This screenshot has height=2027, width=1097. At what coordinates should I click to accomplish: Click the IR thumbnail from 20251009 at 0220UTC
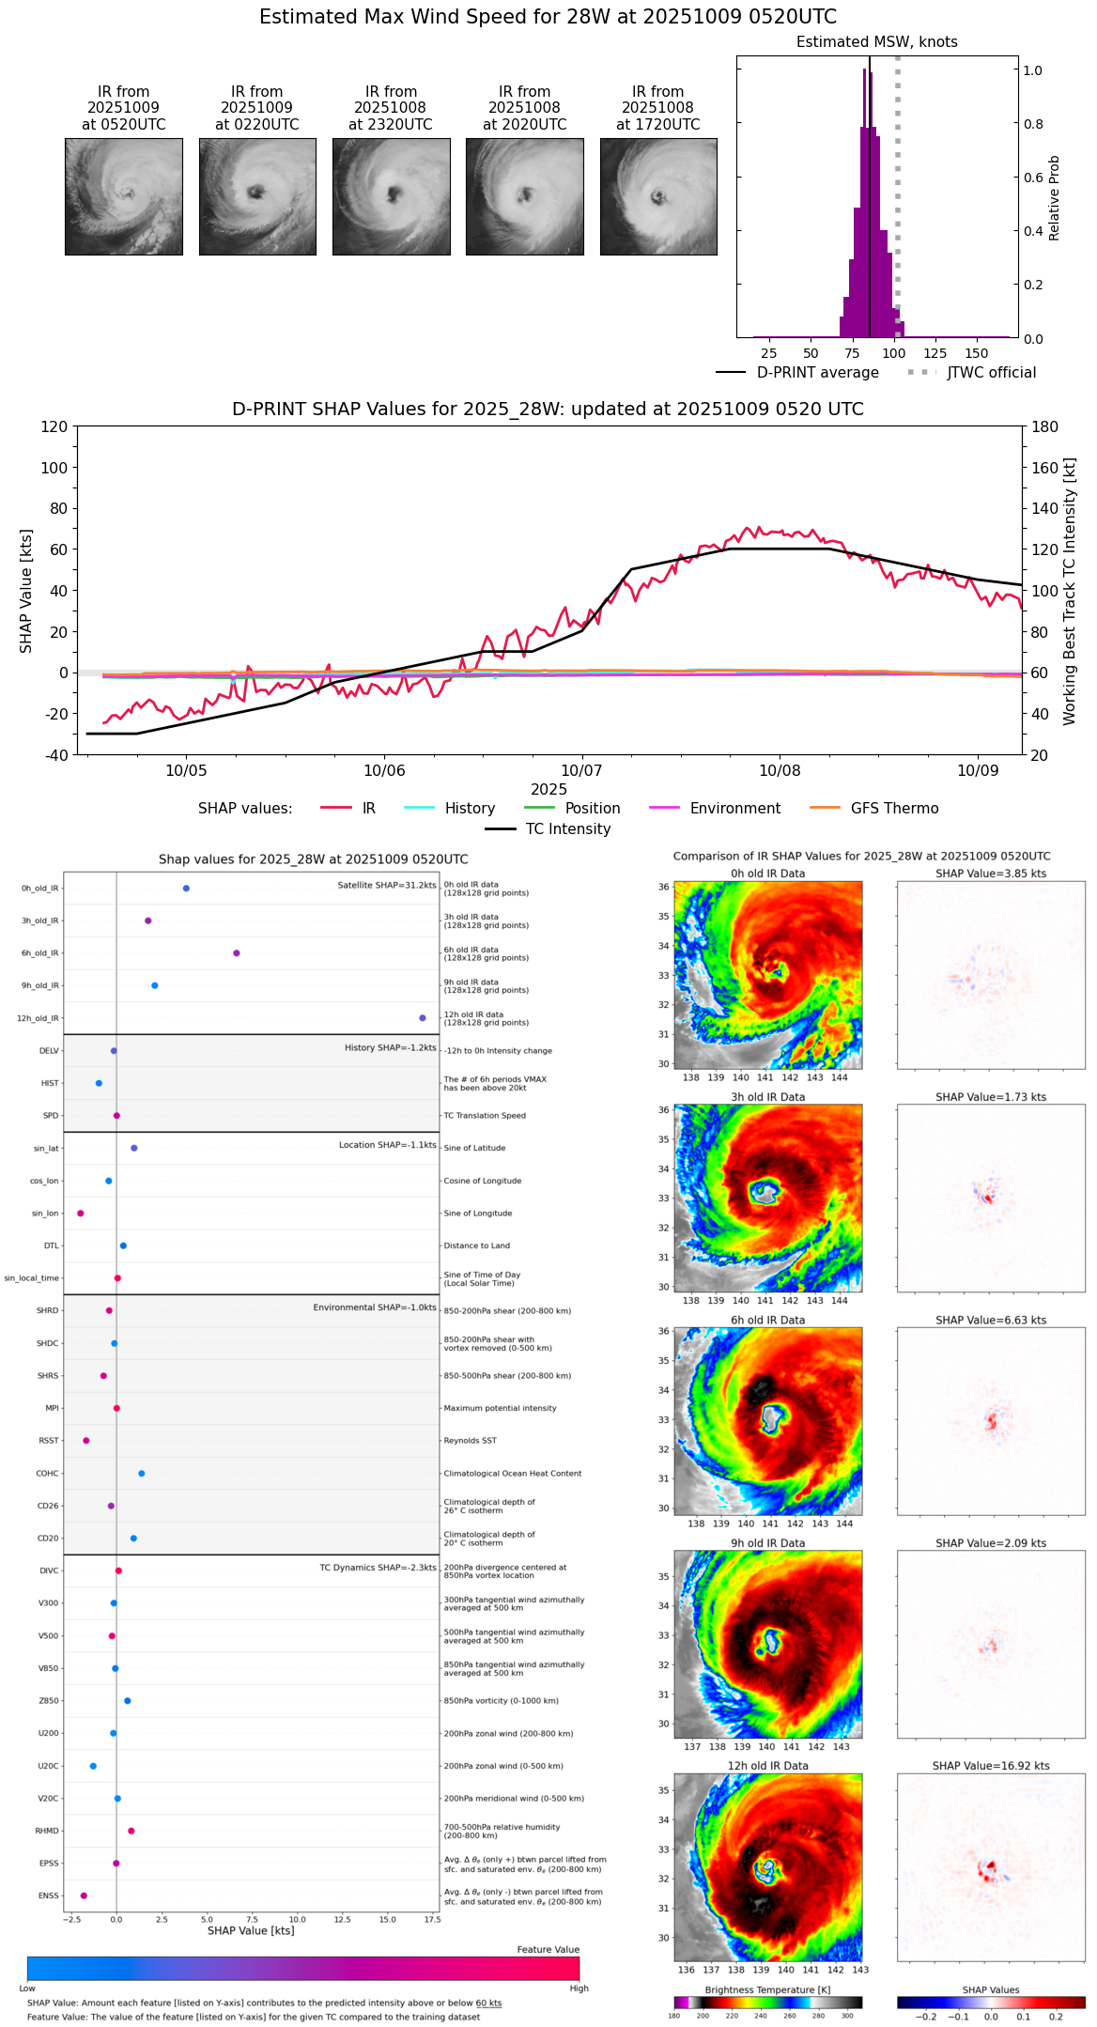tap(257, 196)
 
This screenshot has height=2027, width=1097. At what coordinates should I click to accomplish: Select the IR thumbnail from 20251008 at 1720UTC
tap(658, 196)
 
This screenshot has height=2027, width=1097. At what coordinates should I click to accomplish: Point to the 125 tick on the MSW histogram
tap(935, 353)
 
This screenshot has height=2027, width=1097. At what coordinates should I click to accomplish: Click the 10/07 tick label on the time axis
tap(581, 771)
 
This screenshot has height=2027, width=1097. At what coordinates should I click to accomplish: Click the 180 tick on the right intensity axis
tap(1045, 427)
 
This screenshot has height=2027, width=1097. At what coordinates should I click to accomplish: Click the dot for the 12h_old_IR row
tap(423, 1018)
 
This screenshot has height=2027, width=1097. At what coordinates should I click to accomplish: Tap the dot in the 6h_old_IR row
tap(237, 953)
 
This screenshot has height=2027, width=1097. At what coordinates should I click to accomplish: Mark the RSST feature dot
tap(86, 1441)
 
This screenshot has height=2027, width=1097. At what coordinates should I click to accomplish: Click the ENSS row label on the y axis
tap(48, 1895)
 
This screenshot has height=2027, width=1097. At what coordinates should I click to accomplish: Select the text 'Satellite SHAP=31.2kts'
tap(387, 886)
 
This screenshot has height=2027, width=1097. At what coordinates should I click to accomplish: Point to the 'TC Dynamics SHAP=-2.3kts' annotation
tap(378, 1568)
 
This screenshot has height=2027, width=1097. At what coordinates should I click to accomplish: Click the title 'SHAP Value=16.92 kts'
tap(990, 1766)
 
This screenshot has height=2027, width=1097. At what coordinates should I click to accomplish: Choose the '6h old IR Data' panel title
tap(767, 1320)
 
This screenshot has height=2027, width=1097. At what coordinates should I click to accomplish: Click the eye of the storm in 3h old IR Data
tap(765, 1193)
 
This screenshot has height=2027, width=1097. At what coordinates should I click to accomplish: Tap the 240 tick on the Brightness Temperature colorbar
tap(761, 2016)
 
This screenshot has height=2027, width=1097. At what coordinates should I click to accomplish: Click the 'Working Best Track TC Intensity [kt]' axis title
tap(1070, 592)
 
